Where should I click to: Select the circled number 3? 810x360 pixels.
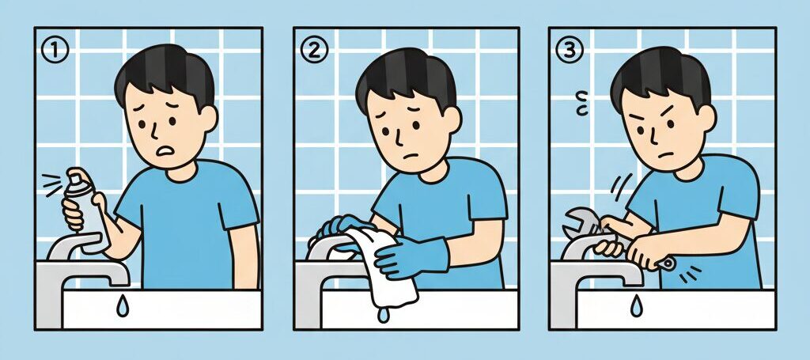(567, 51)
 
